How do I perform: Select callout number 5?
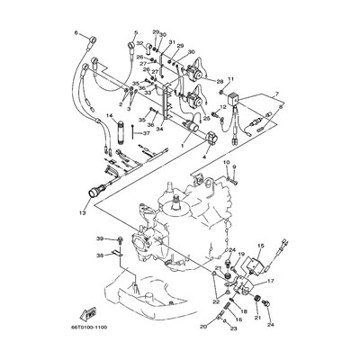coord(134,32)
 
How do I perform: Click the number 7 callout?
coord(275,94)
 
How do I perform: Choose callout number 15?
coord(261,246)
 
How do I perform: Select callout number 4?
coord(203,158)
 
